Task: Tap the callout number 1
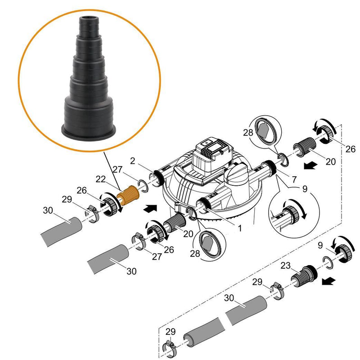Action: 240,228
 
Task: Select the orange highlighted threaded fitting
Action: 129,194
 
